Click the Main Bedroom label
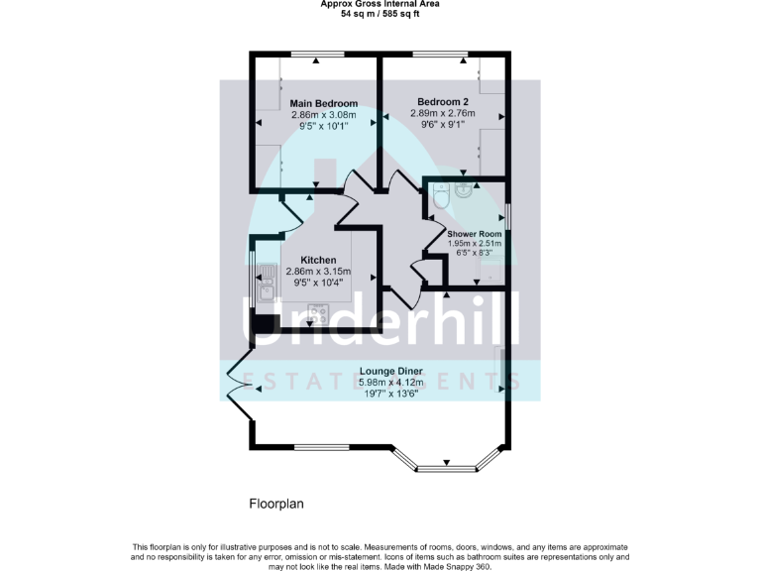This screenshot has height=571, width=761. point(323,103)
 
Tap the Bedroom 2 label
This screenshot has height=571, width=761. point(443,102)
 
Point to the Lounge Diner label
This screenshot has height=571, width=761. point(390,371)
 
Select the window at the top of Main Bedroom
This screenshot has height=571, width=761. point(316,56)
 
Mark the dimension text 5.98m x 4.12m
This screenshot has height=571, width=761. point(390,383)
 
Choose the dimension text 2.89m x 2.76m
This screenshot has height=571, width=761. point(443,114)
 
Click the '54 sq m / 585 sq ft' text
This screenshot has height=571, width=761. point(380,15)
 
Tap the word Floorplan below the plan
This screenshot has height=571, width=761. point(275,504)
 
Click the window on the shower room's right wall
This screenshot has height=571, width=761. point(509,217)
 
